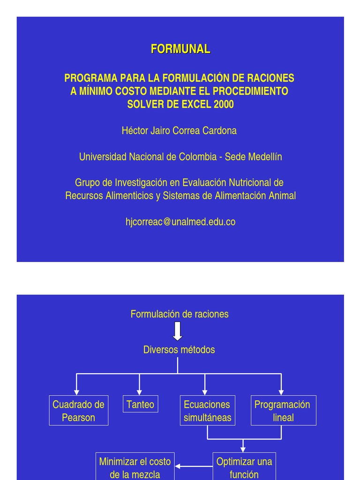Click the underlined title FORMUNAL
tap(180, 49)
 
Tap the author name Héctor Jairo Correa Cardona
tap(179, 131)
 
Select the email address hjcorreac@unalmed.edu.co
tap(180, 222)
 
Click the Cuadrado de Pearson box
tap(78, 411)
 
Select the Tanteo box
tap(140, 404)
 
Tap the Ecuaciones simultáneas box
tap(207, 411)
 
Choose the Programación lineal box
tap(283, 411)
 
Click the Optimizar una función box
tap(244, 467)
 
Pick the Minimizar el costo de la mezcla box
tap(135, 467)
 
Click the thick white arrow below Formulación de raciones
tap(178, 331)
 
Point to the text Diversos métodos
tap(179, 350)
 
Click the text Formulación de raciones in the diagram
tap(180, 314)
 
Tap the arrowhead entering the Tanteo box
tap(139, 392)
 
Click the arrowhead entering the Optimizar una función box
tap(243, 449)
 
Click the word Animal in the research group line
tap(282, 196)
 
